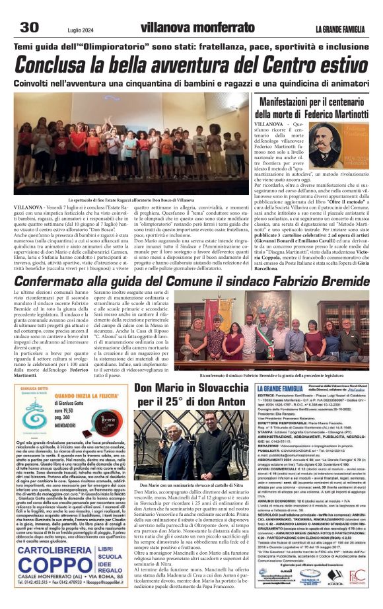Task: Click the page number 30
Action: coord(30,26)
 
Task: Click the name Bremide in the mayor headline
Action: coord(337,283)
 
